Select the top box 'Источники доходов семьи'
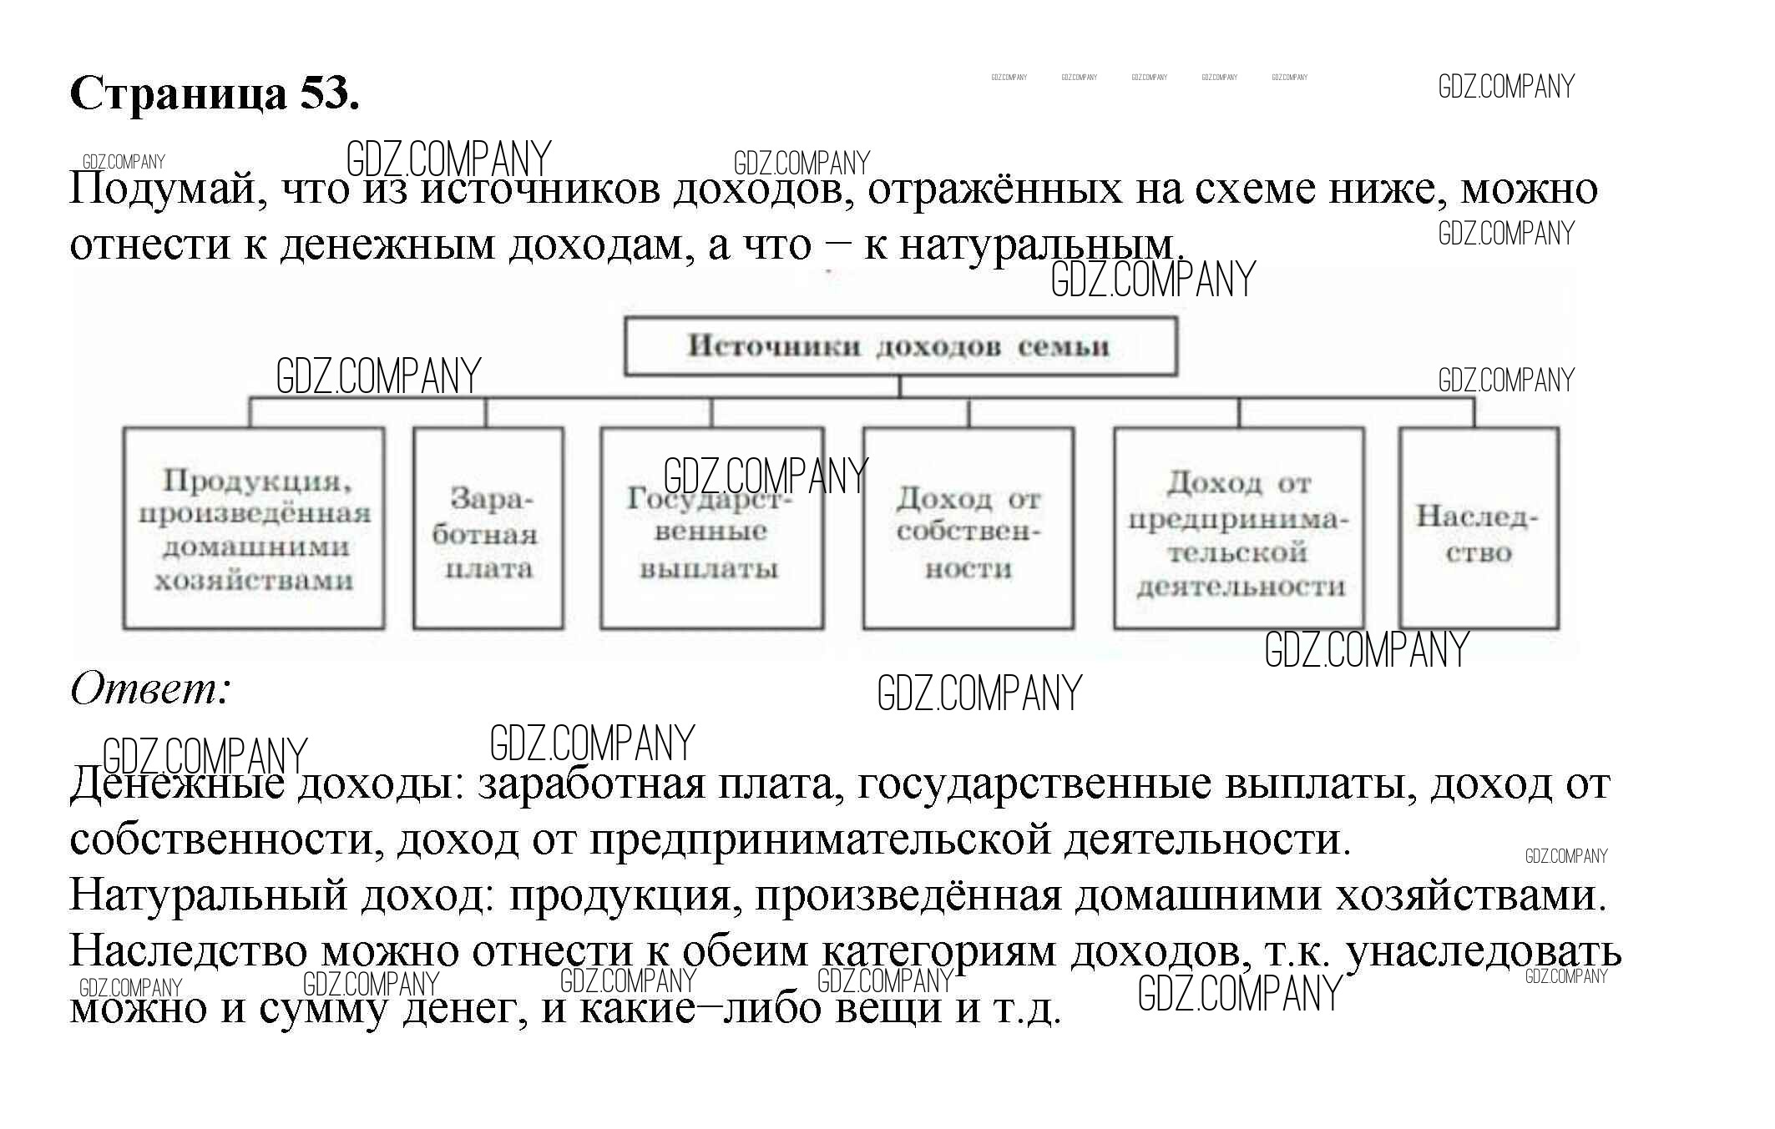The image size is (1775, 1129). pyautogui.click(x=900, y=346)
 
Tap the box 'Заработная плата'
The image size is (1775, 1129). pyautogui.click(x=488, y=529)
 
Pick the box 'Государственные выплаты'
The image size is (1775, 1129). pyautogui.click(x=711, y=529)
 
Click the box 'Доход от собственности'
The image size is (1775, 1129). pyautogui.click(x=968, y=529)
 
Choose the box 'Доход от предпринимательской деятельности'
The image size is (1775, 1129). pyautogui.click(x=1239, y=529)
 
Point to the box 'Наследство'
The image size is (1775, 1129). pyautogui.click(x=1478, y=529)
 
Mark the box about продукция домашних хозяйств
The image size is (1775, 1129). pyautogui.click(x=254, y=529)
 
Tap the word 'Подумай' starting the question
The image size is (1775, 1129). pyautogui.click(x=167, y=190)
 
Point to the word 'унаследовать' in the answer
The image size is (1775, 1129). pyautogui.click(x=1484, y=952)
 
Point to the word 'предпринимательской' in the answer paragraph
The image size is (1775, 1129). pyautogui.click(x=820, y=840)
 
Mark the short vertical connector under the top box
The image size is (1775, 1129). pyautogui.click(x=900, y=387)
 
